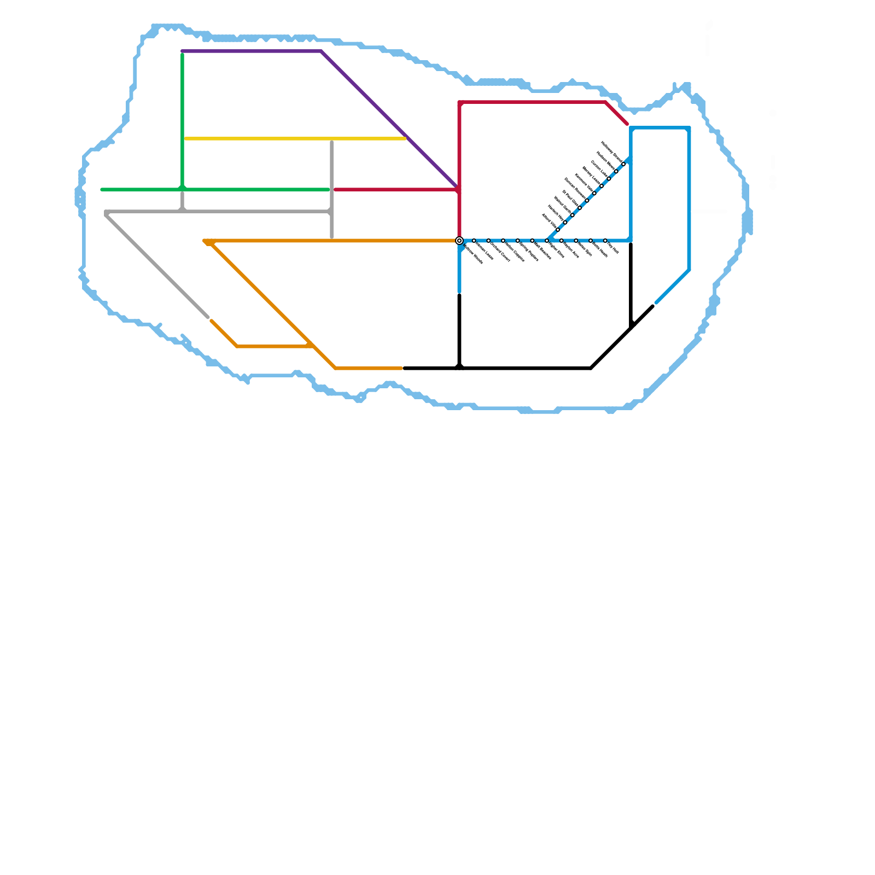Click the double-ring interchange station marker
(459, 241)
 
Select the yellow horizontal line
(295, 139)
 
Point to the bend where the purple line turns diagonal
(322, 51)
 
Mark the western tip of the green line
(102, 190)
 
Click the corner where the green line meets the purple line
(182, 52)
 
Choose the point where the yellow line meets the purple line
(406, 138)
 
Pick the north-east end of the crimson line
(627, 124)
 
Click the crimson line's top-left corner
(460, 102)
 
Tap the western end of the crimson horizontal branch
(335, 190)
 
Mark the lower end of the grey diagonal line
(208, 317)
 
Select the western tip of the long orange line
(204, 241)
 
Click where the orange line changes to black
(404, 369)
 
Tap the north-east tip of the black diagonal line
(653, 306)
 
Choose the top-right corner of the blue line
(689, 129)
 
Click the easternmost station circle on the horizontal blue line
(605, 241)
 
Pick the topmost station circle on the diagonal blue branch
(623, 164)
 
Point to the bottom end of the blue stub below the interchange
(459, 291)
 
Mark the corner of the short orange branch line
(237, 346)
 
